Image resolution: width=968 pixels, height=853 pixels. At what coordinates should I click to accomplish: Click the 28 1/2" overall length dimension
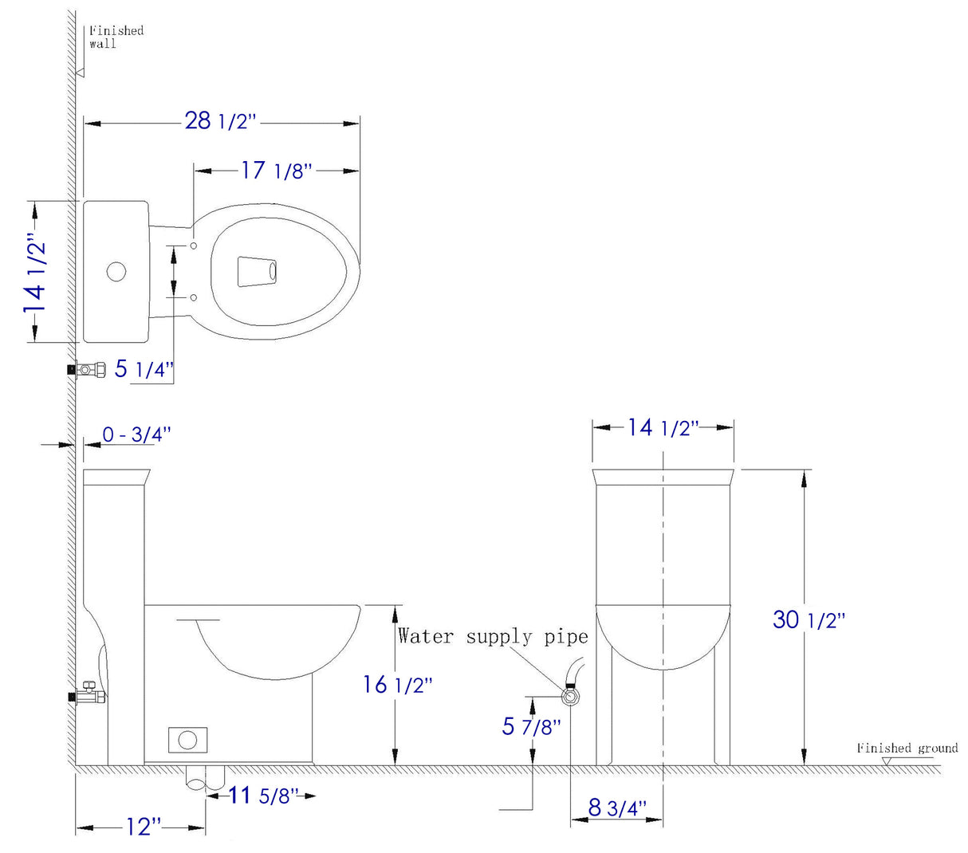[x=221, y=121]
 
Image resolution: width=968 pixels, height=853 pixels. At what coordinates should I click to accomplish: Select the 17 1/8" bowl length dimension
[x=276, y=171]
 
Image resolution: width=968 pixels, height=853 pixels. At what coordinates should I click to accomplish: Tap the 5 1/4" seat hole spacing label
[x=144, y=369]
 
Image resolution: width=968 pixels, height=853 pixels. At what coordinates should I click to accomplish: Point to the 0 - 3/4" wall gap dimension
[x=136, y=435]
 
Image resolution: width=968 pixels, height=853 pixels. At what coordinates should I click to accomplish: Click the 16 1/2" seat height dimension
[x=398, y=685]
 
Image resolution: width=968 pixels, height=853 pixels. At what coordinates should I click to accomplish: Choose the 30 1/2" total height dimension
[x=808, y=619]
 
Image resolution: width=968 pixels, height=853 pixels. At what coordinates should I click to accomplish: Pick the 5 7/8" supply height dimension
[x=531, y=726]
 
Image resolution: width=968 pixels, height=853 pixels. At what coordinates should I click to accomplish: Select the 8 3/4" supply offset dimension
[x=617, y=808]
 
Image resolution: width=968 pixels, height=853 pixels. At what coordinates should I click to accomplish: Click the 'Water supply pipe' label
[x=492, y=636]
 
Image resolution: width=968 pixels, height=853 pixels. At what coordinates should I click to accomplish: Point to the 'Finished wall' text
[x=115, y=37]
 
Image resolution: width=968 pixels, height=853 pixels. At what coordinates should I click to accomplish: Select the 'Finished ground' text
[x=907, y=748]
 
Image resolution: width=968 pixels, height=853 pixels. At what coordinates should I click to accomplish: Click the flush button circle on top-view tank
[x=116, y=272]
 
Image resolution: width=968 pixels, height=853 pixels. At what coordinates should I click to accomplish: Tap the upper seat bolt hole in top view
[x=194, y=246]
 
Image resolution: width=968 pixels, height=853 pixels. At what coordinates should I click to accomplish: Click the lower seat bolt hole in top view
[x=194, y=297]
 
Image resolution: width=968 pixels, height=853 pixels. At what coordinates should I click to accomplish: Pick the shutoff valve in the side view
[x=89, y=695]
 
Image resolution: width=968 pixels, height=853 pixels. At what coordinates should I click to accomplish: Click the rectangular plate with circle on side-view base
[x=187, y=740]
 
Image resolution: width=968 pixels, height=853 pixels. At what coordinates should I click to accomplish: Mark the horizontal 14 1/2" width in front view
[x=662, y=427]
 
